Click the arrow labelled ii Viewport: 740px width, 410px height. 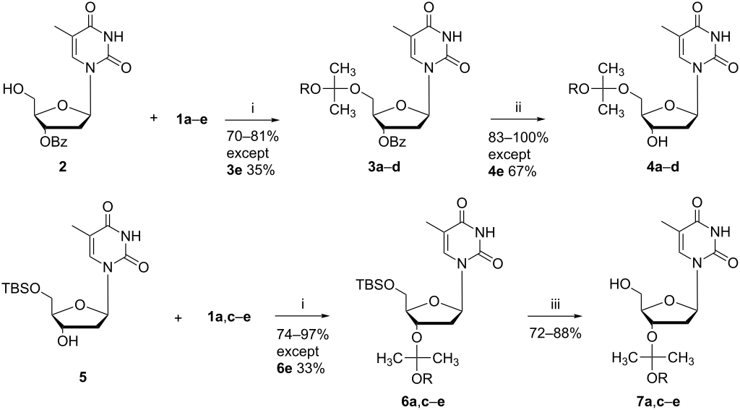coord(509,116)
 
